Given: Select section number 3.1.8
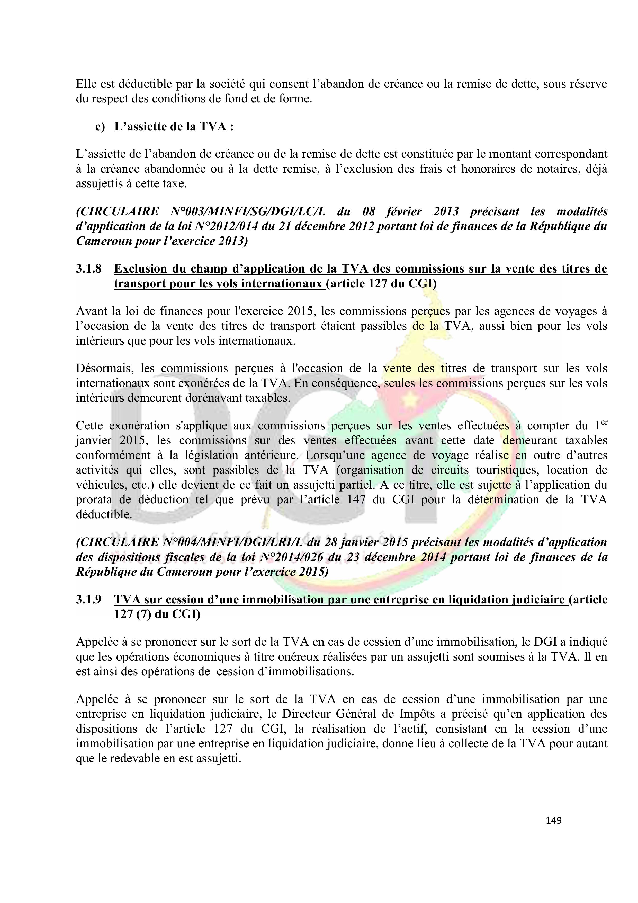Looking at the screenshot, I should [x=88, y=269].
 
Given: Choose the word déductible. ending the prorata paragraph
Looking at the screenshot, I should [x=104, y=514].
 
